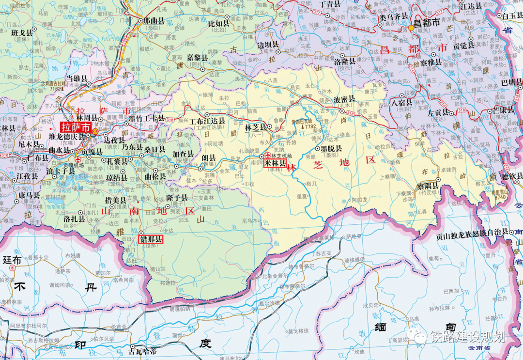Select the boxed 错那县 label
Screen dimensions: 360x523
(x=151, y=239)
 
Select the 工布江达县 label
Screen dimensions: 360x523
(x=207, y=121)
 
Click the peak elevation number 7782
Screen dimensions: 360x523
(x=310, y=126)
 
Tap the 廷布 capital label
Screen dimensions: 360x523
(x=12, y=260)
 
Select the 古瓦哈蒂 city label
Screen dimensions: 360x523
(x=143, y=350)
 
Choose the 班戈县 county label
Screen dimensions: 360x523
(x=22, y=32)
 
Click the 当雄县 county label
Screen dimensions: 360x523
(x=77, y=78)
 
